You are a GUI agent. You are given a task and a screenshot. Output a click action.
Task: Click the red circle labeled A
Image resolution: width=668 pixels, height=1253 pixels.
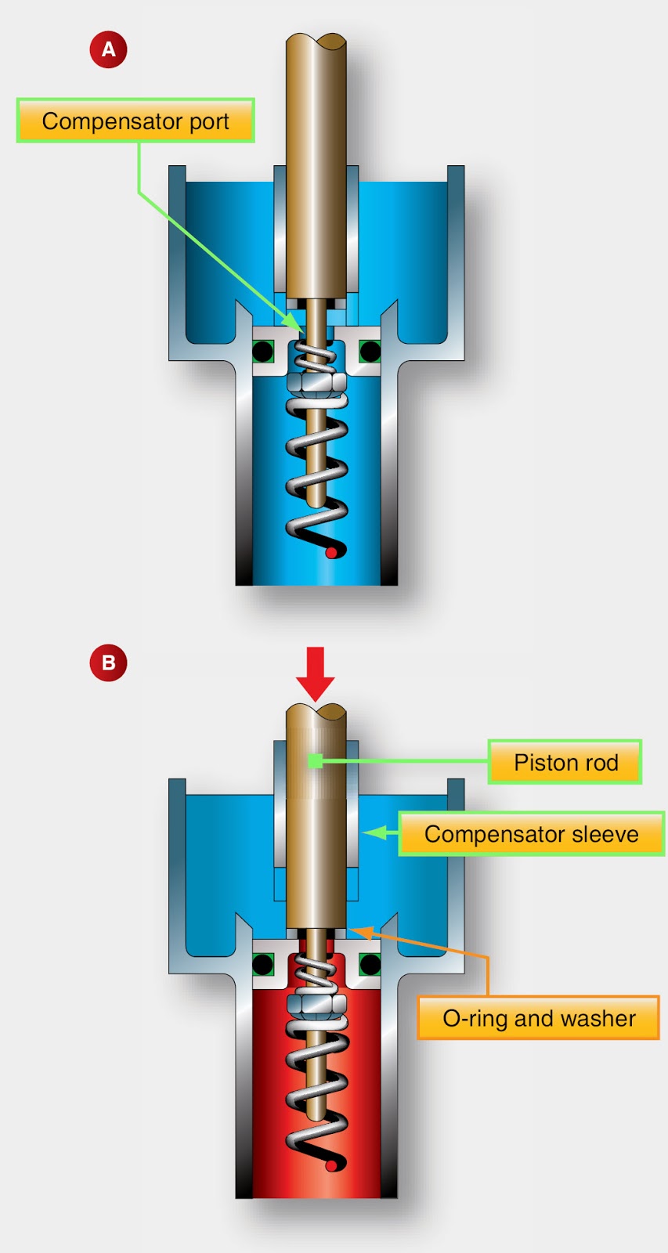pyautogui.click(x=108, y=49)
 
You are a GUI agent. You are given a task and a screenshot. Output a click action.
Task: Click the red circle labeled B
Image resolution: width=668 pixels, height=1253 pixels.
pyautogui.click(x=108, y=663)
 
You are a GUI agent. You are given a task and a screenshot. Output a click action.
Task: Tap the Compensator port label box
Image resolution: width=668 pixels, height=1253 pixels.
pyautogui.click(x=135, y=121)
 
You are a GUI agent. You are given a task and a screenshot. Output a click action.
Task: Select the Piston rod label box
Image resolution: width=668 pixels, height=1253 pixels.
pyautogui.click(x=565, y=762)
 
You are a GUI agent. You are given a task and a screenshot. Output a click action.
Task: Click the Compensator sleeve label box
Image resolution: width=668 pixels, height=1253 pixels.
pyautogui.click(x=531, y=834)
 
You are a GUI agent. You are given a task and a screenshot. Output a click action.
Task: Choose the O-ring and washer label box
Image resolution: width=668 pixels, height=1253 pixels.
pyautogui.click(x=538, y=1018)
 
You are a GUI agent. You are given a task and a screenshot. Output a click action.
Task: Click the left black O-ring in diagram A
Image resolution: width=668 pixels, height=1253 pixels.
pyautogui.click(x=262, y=351)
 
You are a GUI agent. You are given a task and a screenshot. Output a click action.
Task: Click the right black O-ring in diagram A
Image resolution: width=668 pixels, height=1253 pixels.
pyautogui.click(x=370, y=351)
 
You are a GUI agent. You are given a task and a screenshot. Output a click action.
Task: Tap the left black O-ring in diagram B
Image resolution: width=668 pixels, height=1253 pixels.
pyautogui.click(x=262, y=964)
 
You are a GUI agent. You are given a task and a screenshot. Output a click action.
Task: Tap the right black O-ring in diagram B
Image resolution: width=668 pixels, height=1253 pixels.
pyautogui.click(x=370, y=964)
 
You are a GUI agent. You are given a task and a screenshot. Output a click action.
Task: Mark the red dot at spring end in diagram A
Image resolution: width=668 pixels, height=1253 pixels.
pyautogui.click(x=331, y=553)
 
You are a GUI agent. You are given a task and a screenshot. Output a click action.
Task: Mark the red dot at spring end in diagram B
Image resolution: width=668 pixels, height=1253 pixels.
pyautogui.click(x=331, y=1166)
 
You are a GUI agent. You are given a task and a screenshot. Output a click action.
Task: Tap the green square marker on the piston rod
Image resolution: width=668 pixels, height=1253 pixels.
pyautogui.click(x=315, y=760)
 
